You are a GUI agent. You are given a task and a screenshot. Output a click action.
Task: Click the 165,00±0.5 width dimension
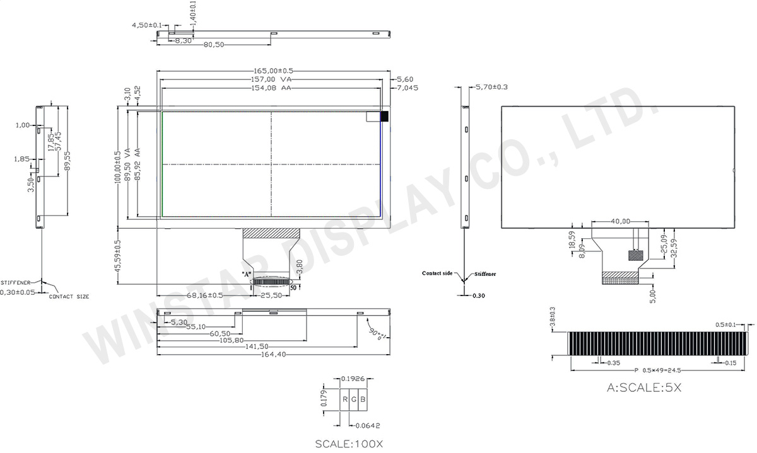point(273,71)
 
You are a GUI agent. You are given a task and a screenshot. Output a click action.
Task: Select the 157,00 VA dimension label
point(273,80)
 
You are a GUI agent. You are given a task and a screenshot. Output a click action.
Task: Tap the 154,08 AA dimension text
point(273,89)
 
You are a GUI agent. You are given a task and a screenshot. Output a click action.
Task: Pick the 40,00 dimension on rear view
point(621,221)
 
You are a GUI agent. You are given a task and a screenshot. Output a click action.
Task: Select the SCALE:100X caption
point(349,444)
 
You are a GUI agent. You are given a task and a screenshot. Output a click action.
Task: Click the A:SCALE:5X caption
point(644,388)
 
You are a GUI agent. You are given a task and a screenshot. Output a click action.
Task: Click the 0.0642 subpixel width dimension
point(368,425)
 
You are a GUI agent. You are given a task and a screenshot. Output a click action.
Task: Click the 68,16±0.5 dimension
point(204,295)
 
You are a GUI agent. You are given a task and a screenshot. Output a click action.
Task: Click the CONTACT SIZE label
point(69,295)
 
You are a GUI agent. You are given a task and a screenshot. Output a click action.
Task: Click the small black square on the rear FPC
point(635,255)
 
